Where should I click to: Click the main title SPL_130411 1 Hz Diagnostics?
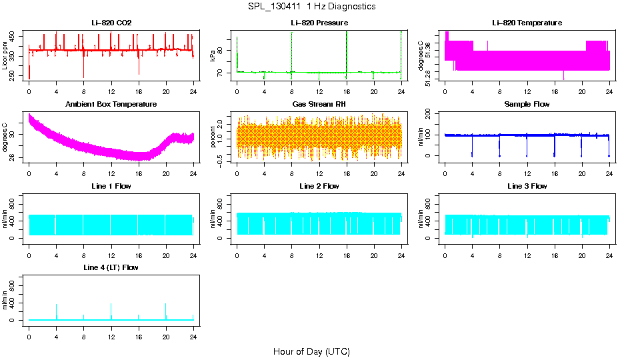click(x=311, y=6)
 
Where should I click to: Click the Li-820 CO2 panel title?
click(x=111, y=23)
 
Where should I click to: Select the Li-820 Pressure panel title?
click(x=319, y=23)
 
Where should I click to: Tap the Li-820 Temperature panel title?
click(x=527, y=23)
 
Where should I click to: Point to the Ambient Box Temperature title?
click(x=111, y=104)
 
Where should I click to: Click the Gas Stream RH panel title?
click(x=319, y=104)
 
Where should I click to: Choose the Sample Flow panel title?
click(x=527, y=104)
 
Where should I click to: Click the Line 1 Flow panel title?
click(x=111, y=186)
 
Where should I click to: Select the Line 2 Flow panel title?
click(x=319, y=186)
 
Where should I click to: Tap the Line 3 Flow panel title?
click(x=527, y=186)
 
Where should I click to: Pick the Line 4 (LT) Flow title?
click(x=111, y=267)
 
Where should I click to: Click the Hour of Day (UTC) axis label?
click(x=311, y=351)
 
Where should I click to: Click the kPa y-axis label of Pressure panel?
click(x=213, y=56)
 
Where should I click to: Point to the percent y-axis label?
click(x=213, y=137)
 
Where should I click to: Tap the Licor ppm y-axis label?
click(x=5, y=56)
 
